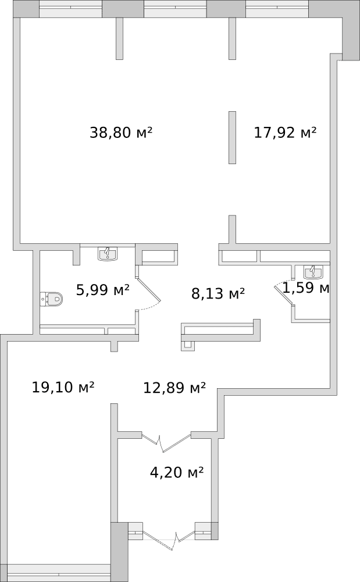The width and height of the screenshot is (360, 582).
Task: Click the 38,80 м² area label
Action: pyautogui.click(x=121, y=133)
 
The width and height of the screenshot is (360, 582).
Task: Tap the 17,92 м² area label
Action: pyautogui.click(x=285, y=133)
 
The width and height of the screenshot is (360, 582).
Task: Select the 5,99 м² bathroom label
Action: pyautogui.click(x=103, y=289)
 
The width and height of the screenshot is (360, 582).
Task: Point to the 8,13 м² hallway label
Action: pyautogui.click(x=218, y=293)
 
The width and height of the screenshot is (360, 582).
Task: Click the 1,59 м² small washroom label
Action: pyautogui.click(x=306, y=288)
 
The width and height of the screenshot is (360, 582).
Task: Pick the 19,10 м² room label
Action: pyautogui.click(x=63, y=388)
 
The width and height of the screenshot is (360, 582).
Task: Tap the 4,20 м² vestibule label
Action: pyautogui.click(x=177, y=473)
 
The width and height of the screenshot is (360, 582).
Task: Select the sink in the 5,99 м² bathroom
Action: pyautogui.click(x=108, y=254)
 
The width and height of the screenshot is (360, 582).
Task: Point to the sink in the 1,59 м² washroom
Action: pyautogui.click(x=313, y=272)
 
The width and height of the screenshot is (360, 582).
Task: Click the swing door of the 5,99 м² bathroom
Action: pyautogui.click(x=148, y=284)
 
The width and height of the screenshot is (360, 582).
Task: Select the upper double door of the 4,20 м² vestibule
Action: pyautogui.click(x=166, y=442)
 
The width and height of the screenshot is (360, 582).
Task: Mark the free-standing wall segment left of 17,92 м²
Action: pyautogui.click(x=232, y=137)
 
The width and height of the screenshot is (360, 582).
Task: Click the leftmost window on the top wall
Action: pyautogui.click(x=70, y=9)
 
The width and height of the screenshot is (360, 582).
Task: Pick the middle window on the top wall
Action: pyautogui.click(x=175, y=9)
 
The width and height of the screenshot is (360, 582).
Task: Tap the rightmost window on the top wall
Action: pyautogui.click(x=277, y=9)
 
